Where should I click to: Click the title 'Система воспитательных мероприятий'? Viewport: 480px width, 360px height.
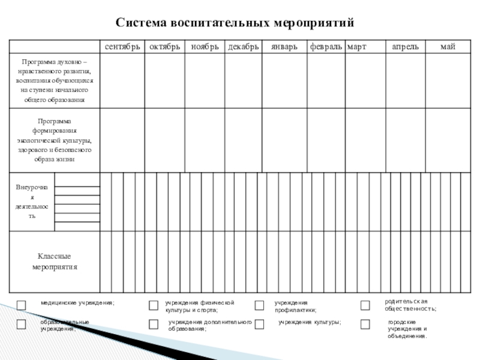(x=235, y=23)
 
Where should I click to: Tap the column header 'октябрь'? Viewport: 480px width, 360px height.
(x=164, y=46)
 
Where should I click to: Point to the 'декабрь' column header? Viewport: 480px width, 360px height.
(x=243, y=46)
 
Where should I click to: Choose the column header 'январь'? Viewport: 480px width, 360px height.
(x=284, y=46)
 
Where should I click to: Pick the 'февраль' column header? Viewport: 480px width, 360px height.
(x=326, y=46)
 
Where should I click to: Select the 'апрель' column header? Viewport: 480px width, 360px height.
(x=405, y=46)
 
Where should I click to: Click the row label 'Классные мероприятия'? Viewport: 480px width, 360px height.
(x=55, y=262)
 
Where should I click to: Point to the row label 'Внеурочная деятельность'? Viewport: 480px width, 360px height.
(x=32, y=202)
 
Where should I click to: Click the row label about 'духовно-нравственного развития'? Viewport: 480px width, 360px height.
(x=54, y=80)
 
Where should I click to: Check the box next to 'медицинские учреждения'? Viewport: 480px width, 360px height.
(x=21, y=305)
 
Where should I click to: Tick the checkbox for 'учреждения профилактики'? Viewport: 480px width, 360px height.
(x=259, y=305)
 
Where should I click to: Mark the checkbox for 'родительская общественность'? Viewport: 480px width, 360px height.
(x=365, y=305)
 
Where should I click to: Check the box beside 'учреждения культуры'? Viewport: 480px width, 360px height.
(x=259, y=325)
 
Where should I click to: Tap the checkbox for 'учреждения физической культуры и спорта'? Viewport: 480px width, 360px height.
(x=154, y=305)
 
